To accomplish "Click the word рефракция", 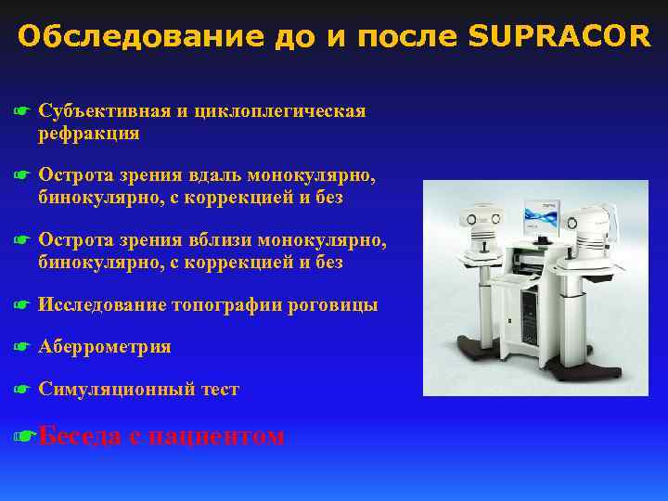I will pyautogui.click(x=89, y=134).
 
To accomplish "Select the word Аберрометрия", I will pyautogui.click(x=105, y=347).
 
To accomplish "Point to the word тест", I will pyautogui.click(x=220, y=390).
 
